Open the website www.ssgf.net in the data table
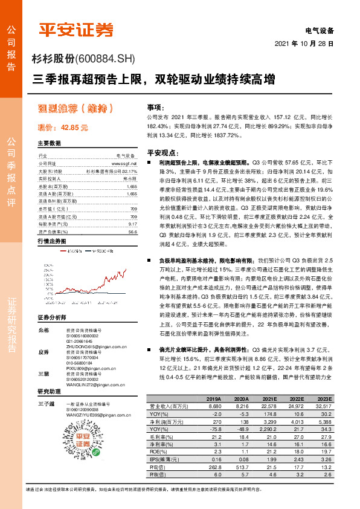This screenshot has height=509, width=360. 124,163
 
